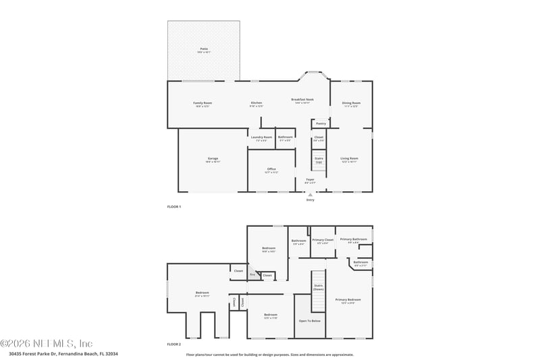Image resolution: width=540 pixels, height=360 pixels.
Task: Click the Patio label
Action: (203, 49)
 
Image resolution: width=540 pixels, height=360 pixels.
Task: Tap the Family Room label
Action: (203, 103)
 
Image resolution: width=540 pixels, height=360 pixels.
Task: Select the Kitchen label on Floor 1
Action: (256, 103)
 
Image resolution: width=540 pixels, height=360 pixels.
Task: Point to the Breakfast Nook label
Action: (302, 100)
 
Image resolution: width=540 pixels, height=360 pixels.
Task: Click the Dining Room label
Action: (351, 103)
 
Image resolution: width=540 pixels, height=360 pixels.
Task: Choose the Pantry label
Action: (321, 124)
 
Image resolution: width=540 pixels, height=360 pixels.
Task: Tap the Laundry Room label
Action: (261, 138)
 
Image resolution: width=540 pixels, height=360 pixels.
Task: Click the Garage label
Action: (213, 159)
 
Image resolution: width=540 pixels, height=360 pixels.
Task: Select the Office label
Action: (271, 170)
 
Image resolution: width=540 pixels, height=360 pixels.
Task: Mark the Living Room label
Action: (349, 159)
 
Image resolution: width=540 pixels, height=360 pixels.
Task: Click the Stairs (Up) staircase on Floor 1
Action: (319, 161)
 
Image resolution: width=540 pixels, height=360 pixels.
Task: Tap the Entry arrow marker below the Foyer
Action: (310, 195)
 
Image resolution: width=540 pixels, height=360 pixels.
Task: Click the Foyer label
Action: (310, 181)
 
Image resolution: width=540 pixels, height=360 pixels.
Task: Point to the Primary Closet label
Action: (323, 240)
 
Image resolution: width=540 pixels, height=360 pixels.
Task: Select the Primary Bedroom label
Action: (348, 300)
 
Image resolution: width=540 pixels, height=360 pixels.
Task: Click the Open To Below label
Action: (310, 321)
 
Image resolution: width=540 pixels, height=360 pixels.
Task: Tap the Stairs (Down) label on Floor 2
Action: (319, 286)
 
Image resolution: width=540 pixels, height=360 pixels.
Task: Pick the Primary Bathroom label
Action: (353, 240)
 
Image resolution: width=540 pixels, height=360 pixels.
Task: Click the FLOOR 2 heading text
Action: (174, 344)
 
